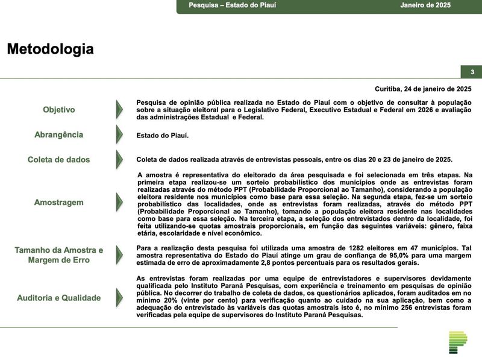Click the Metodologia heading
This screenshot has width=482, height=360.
50,49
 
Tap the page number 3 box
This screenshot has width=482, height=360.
472,72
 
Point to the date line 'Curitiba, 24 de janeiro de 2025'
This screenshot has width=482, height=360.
423,89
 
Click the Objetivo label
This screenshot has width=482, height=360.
59,110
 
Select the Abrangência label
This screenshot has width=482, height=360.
59,134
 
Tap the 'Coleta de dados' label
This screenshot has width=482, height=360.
59,160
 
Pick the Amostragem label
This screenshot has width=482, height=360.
59,203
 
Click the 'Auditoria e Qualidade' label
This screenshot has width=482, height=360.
59,298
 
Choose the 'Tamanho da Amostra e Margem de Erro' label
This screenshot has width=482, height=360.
59,255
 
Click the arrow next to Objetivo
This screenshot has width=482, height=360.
119,110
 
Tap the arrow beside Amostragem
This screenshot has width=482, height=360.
119,203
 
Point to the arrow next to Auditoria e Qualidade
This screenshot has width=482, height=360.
119,298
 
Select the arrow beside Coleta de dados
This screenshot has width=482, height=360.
119,160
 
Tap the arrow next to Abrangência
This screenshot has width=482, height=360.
119,134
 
